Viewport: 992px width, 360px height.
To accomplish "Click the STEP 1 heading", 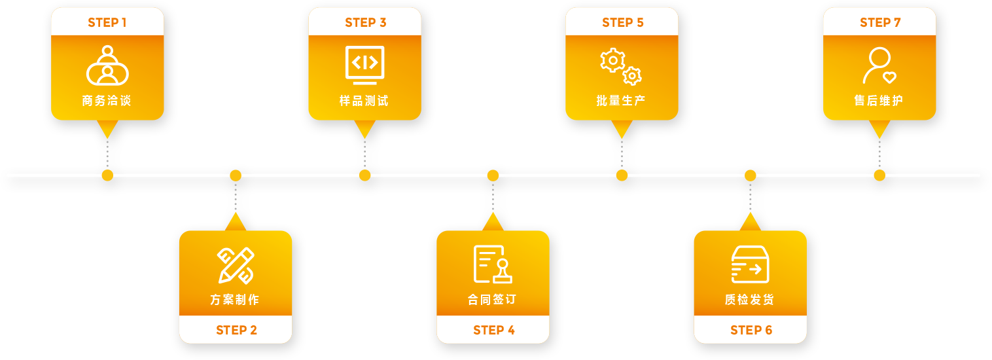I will click(107, 23).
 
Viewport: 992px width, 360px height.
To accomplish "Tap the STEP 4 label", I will click(494, 330).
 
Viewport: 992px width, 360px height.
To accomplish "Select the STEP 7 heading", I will click(880, 23).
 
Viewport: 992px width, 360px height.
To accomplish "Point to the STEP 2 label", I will click(236, 330).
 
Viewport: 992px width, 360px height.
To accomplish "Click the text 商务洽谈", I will click(107, 101).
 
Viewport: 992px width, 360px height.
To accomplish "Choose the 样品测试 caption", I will click(364, 101).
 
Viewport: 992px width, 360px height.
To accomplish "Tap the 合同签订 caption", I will click(493, 300).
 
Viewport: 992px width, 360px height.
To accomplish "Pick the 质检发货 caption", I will click(750, 300).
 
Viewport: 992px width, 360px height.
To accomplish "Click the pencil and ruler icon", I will click(236, 265).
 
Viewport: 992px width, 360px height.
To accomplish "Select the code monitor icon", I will click(364, 65).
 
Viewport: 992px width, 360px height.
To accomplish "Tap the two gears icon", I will click(621, 66).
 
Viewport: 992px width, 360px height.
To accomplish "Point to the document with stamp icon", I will click(492, 264).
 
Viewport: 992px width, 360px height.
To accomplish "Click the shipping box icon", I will click(750, 264).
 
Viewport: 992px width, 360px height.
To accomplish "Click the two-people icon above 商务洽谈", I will click(107, 65).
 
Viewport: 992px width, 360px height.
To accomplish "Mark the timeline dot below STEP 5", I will click(622, 175).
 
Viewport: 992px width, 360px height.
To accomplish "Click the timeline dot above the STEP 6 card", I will click(751, 175).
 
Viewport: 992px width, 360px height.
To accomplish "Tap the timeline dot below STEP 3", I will click(364, 175).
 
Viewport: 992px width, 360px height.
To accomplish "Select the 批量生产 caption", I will click(621, 101).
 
